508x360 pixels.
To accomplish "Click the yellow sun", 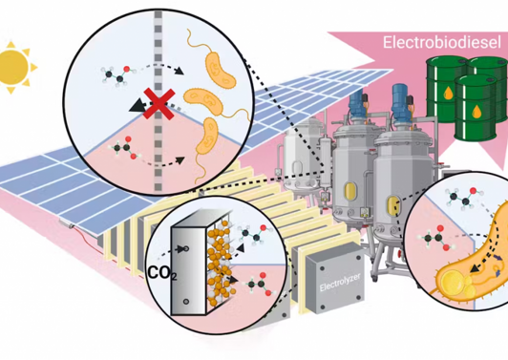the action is coord(14,68).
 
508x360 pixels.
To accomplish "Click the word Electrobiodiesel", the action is coord(442,42).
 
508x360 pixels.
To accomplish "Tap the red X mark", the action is coord(159,103).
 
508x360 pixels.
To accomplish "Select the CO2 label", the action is coord(163,273).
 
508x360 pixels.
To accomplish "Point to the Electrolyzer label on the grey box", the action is coord(340,283).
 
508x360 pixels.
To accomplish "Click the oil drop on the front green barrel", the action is coord(476,112).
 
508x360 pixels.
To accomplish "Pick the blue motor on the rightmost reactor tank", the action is coord(400,98).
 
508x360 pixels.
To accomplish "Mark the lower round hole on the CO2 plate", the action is coord(186,302).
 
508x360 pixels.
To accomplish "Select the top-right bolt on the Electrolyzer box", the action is coord(358,258).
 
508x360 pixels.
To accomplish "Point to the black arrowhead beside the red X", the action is coord(137,106).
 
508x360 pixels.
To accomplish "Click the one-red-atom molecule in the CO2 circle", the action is coord(253,233).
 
